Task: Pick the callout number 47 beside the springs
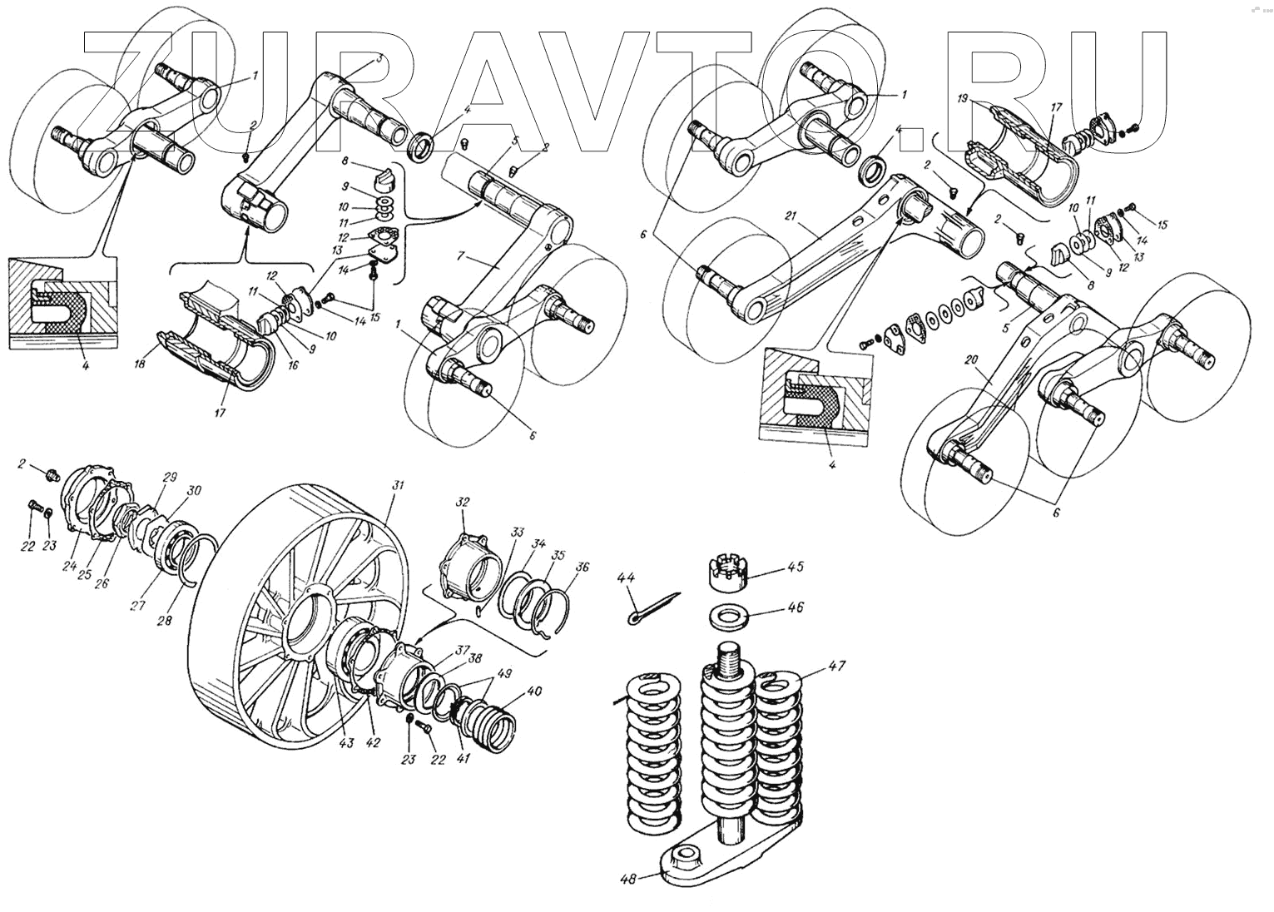click(835, 667)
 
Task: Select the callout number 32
click(463, 503)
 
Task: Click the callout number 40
click(533, 691)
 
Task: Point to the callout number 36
click(582, 568)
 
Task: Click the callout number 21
click(791, 217)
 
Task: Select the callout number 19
click(962, 99)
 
